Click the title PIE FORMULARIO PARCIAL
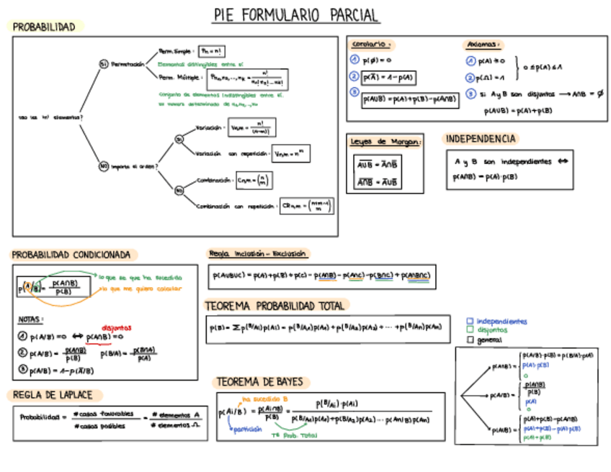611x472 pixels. [296, 15]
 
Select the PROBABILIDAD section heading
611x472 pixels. [44, 27]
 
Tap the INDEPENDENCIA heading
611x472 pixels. [480, 139]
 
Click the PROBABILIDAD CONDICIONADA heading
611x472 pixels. [71, 255]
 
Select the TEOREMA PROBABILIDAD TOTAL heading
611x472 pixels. [276, 305]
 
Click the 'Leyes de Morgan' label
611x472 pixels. [385, 142]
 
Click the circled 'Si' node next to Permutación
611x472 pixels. [104, 65]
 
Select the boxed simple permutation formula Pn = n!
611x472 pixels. [213, 51]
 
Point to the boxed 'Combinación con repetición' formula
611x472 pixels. [308, 206]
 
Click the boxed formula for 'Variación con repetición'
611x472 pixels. [291, 153]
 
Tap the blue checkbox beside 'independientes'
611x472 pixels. [470, 322]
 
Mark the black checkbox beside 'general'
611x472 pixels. [470, 340]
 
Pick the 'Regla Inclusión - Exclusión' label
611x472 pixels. [257, 253]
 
